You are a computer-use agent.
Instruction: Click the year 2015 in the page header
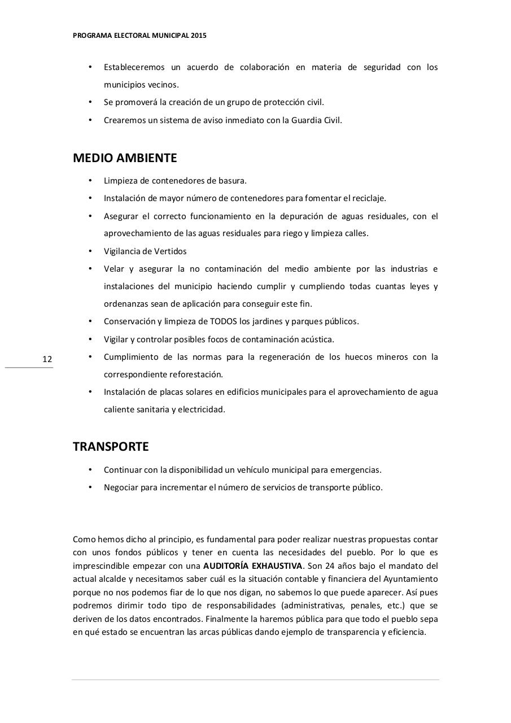coord(199,35)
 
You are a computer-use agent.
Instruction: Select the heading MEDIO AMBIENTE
coord(125,158)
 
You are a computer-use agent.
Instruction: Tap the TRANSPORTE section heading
coord(111,447)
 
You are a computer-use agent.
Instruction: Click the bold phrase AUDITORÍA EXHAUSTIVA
coord(253,566)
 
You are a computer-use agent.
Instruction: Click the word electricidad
coord(202,410)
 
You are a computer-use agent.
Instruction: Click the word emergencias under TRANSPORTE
coord(356,470)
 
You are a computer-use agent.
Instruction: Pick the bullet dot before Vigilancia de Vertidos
coord(90,251)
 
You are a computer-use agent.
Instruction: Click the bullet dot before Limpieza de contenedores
coord(90,181)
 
